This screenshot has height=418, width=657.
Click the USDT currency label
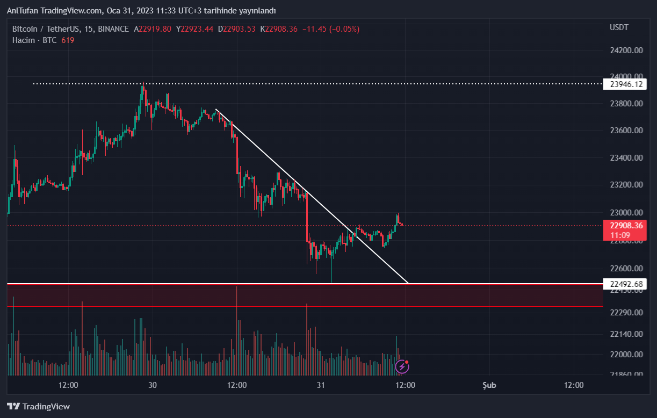pyautogui.click(x=619, y=27)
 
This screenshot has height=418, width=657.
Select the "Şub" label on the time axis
pyautogui.click(x=489, y=385)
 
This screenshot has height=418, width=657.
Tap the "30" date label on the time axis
pyautogui.click(x=153, y=385)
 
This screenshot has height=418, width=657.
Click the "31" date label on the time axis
pyautogui.click(x=321, y=385)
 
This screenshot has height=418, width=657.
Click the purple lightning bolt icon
pyautogui.click(x=402, y=367)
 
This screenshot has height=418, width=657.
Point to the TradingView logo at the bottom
pyautogui.click(x=38, y=407)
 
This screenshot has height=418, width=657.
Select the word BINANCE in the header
pyautogui.click(x=113, y=29)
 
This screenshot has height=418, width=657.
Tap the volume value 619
pyautogui.click(x=68, y=40)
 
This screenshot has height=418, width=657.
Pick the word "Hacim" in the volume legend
pyautogui.click(x=24, y=40)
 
